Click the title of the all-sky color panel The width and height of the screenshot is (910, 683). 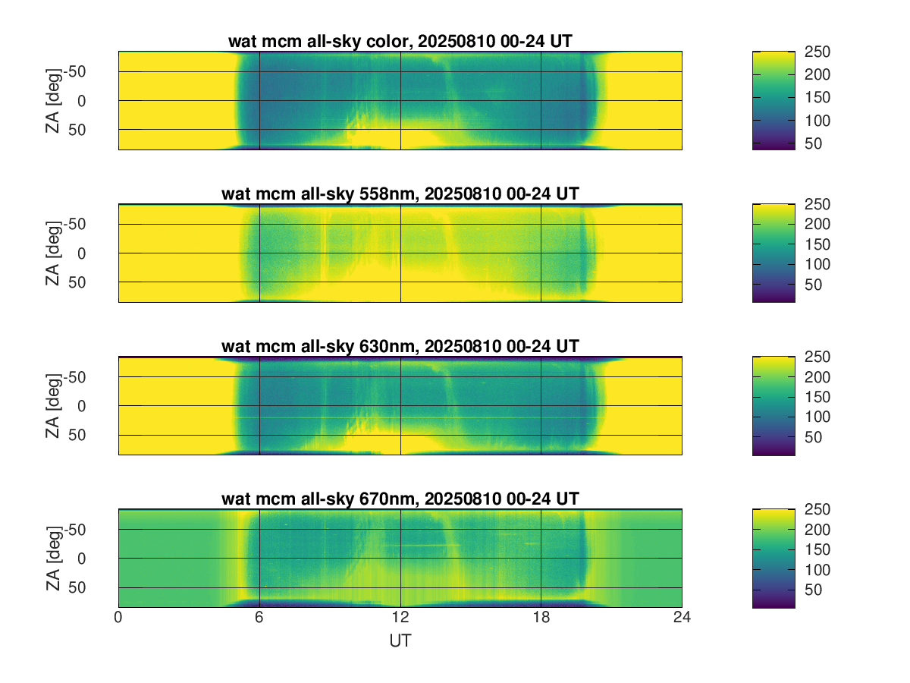point(400,42)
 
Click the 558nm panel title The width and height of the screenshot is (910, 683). point(400,194)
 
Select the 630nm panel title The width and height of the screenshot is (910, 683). point(400,347)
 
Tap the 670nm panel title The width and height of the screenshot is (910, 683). point(400,499)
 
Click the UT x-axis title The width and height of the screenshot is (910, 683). point(400,641)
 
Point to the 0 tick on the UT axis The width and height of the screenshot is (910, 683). point(118,618)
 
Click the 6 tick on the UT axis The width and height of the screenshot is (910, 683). point(259,618)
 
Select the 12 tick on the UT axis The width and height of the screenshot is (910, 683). point(400,618)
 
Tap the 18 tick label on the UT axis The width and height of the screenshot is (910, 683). point(541,618)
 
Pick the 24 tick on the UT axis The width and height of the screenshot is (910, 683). point(682,618)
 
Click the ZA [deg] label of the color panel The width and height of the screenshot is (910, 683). point(52,100)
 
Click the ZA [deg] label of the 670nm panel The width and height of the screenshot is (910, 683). point(52,558)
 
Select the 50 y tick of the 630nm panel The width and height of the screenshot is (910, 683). point(98,435)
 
